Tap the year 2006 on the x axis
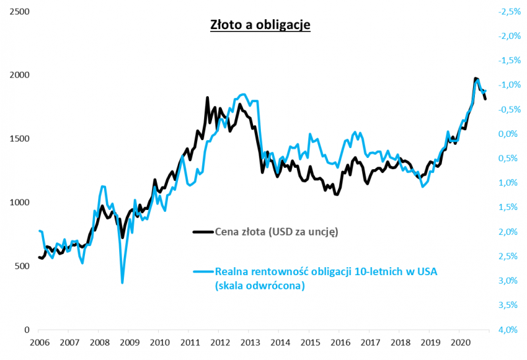coord(39,343)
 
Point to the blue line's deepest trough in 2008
coord(123,283)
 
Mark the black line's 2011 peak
coord(208,97)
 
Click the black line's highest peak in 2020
coord(476,78)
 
